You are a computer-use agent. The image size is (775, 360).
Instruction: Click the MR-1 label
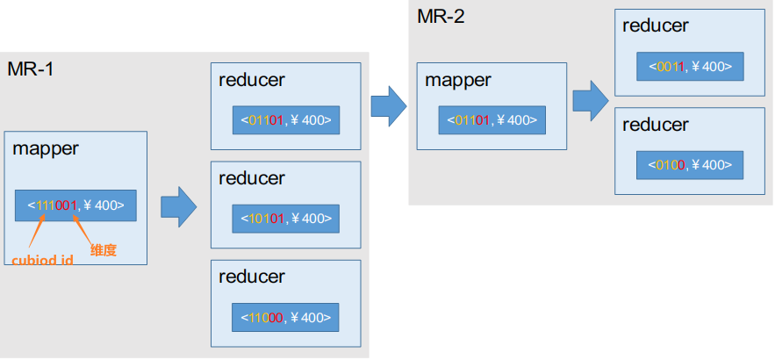tap(30, 69)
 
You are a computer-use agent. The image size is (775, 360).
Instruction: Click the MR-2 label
tap(441, 17)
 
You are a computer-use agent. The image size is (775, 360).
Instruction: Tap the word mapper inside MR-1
tap(46, 148)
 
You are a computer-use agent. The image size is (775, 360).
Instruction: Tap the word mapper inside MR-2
tap(458, 80)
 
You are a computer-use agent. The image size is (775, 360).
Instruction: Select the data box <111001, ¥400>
tap(75, 205)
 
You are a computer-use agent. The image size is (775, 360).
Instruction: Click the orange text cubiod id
tap(42, 260)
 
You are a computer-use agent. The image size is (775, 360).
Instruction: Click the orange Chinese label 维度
tap(104, 250)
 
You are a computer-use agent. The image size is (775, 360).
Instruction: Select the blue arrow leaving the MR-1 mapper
tap(179, 207)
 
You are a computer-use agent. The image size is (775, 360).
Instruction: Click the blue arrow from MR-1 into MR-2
tap(389, 106)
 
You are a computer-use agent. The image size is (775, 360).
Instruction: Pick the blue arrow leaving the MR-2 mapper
tap(591, 101)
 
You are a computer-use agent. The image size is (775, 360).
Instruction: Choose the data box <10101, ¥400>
tap(286, 219)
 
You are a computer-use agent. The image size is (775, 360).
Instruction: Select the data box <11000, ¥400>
tap(285, 318)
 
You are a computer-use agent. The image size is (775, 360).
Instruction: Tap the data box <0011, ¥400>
tap(690, 66)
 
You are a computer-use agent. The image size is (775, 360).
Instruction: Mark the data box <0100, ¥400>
tap(690, 165)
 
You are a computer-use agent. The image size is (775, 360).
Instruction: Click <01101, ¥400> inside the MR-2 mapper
tap(492, 119)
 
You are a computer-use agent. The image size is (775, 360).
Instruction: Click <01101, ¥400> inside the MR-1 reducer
tap(286, 119)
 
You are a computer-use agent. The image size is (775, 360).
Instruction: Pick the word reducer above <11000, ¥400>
tap(252, 277)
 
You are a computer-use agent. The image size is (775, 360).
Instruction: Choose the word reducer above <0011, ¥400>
tap(656, 25)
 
